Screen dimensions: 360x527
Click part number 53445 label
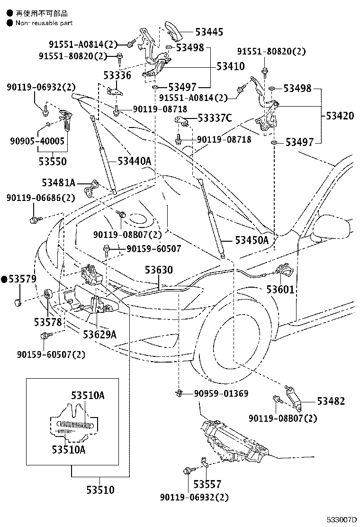coord(209,32)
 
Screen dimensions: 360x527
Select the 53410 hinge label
coord(230,66)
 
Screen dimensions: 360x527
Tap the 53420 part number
coord(340,116)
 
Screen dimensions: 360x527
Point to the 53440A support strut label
coord(135,161)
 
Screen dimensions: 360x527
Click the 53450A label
coord(252,240)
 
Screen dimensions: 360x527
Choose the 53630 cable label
coord(159,270)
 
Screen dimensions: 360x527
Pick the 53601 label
coord(280,290)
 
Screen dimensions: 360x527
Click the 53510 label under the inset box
coord(100,490)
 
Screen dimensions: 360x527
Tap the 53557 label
coord(207,484)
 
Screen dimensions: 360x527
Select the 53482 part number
coord(331,401)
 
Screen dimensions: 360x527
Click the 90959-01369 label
coord(221,393)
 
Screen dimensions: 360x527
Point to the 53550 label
coord(53,162)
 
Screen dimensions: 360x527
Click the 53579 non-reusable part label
coord(19,279)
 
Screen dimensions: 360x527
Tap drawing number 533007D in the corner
coord(342,520)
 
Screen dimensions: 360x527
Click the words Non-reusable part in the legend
coord(44,23)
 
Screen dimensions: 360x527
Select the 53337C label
coord(215,118)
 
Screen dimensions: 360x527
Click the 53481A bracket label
coord(58,183)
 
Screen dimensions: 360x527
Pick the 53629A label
coord(100,335)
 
